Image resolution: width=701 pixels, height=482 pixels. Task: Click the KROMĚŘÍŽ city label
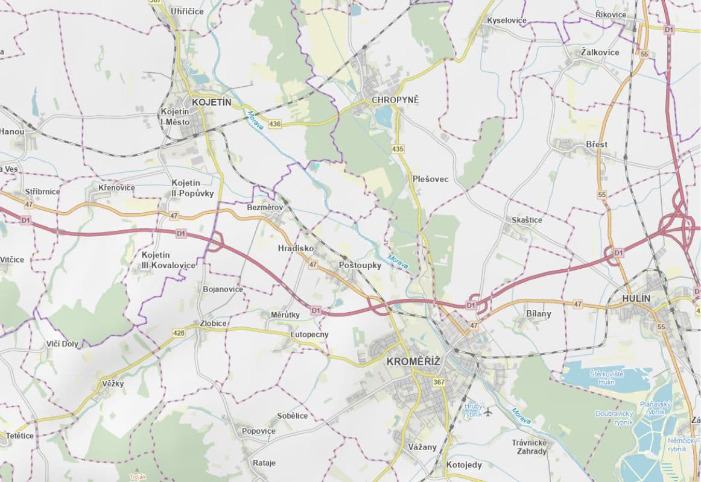click(x=413, y=361)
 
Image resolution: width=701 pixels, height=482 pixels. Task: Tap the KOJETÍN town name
click(x=211, y=102)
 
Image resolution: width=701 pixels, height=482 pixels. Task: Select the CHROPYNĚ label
click(x=395, y=99)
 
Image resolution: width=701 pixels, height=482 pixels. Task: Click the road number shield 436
click(x=275, y=124)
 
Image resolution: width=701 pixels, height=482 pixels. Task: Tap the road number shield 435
click(x=397, y=149)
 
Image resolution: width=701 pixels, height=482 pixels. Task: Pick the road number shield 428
click(x=179, y=333)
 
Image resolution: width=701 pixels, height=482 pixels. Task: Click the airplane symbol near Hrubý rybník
click(x=488, y=412)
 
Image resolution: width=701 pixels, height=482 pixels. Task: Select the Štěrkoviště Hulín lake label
click(x=606, y=378)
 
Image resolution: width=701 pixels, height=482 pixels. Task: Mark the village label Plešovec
click(x=431, y=179)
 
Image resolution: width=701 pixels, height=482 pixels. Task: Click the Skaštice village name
click(x=527, y=220)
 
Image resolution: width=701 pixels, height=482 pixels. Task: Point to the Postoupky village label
click(x=360, y=265)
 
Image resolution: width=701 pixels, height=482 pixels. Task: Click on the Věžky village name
click(x=112, y=384)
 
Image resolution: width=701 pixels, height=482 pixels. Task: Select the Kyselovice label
click(x=506, y=20)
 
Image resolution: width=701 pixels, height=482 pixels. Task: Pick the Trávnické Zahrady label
click(x=529, y=447)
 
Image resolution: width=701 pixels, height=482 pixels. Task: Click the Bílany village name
click(x=538, y=314)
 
